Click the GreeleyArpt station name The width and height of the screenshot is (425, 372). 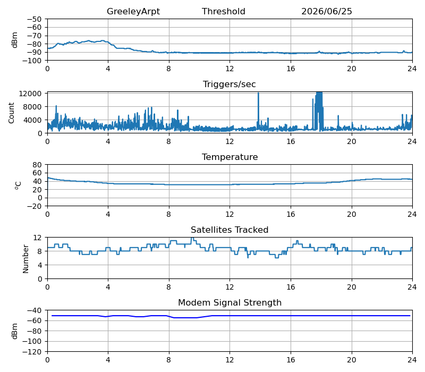pos(133,11)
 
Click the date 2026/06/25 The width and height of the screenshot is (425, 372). pos(327,11)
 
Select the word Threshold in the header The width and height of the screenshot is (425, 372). pos(224,11)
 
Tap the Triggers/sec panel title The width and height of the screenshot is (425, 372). pos(229,84)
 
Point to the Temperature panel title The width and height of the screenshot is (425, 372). pos(230,157)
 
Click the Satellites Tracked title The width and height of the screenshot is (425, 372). pos(229,230)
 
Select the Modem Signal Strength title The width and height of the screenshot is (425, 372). pos(230,302)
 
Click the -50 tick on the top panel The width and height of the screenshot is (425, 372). pos(34,19)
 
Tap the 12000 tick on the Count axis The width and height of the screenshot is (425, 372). pos(30,94)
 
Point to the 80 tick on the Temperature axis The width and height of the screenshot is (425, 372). pos(38,165)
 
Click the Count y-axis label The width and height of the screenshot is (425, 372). pos(11,113)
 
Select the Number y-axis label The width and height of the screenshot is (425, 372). pos(25,259)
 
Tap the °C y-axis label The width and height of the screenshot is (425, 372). pos(18,185)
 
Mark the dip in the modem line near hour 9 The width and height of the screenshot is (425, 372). pos(185,318)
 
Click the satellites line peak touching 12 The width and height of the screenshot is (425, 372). pos(192,238)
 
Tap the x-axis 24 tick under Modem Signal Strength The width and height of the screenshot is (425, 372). pos(412,360)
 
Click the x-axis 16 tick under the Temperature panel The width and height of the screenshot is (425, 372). pos(291,215)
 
